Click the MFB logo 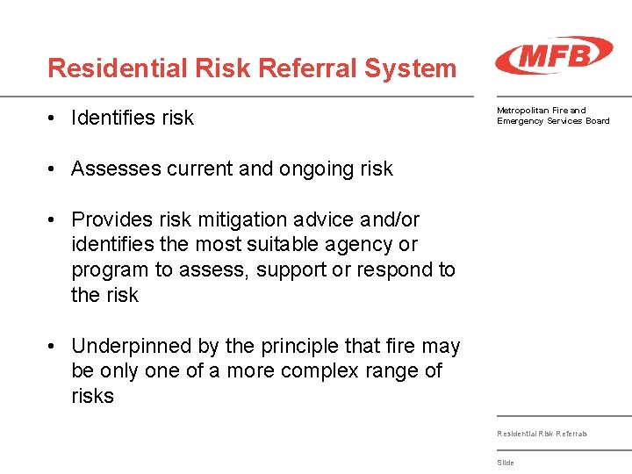pyautogui.click(x=553, y=55)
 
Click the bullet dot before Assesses pyautogui.click(x=54, y=169)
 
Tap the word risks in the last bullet pyautogui.click(x=92, y=396)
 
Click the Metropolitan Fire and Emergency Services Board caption pyautogui.click(x=553, y=115)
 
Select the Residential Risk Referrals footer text pyautogui.click(x=542, y=434)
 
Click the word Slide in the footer pyautogui.click(x=506, y=463)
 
